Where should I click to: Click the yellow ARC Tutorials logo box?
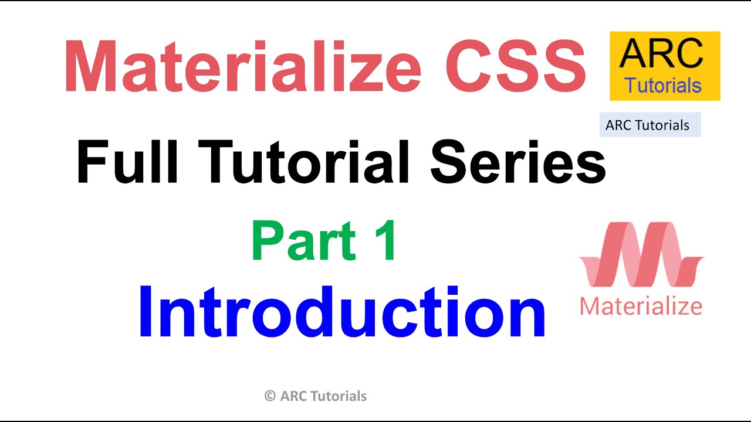click(x=665, y=66)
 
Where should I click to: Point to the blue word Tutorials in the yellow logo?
click(x=663, y=86)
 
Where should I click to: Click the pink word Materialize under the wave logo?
click(x=641, y=305)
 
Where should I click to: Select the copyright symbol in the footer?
click(x=270, y=396)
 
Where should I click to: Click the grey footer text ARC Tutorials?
click(x=323, y=396)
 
